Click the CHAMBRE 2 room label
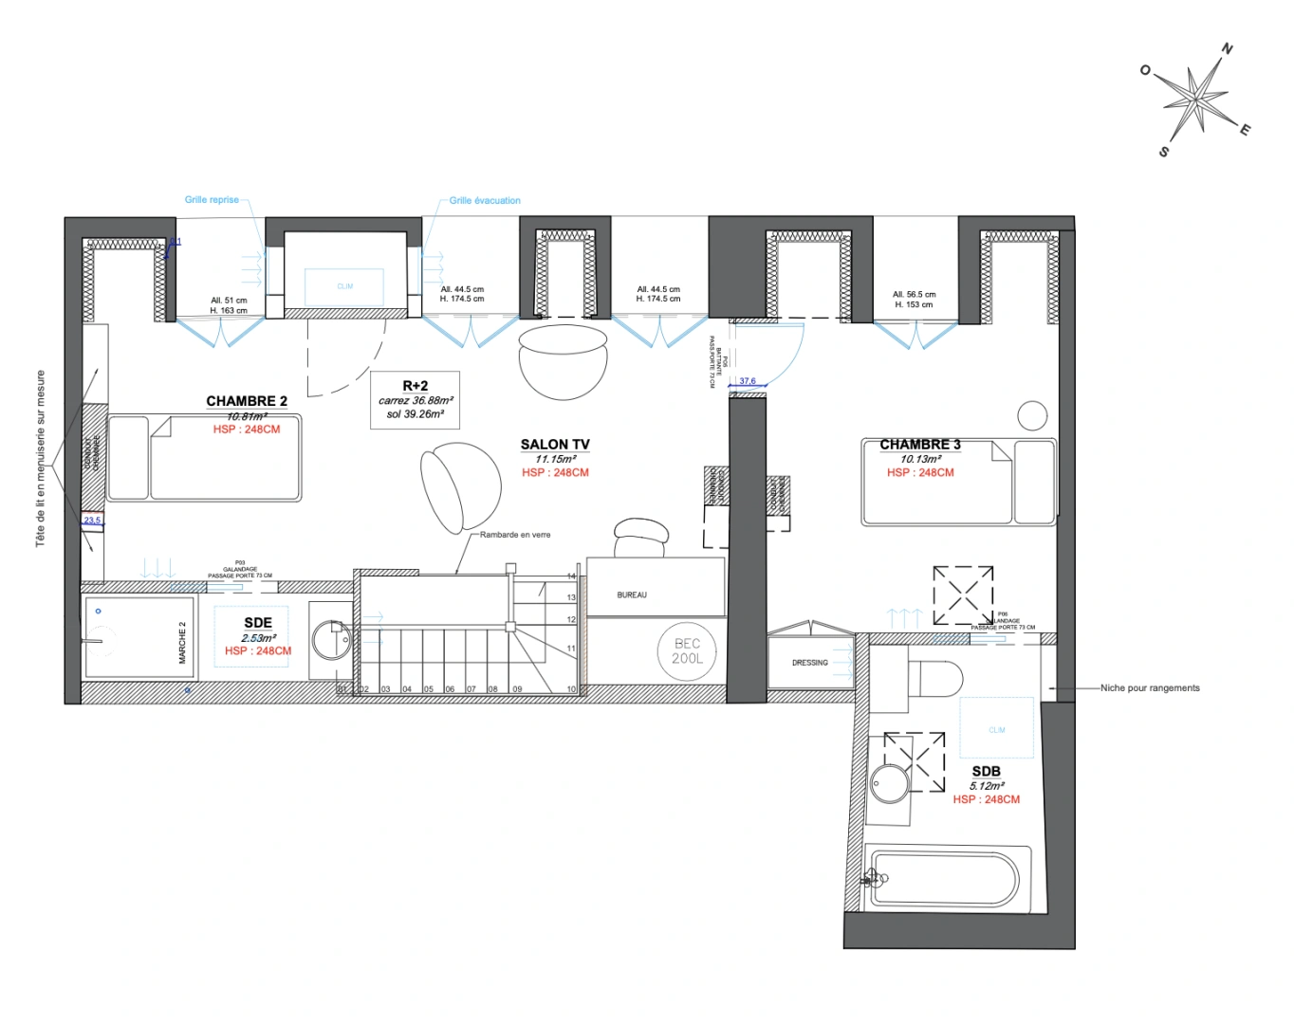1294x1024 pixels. pyautogui.click(x=247, y=401)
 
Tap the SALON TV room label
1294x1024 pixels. pyautogui.click(x=555, y=444)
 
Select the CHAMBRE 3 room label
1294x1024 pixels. pyautogui.click(x=919, y=444)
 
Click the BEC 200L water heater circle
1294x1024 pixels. pyautogui.click(x=687, y=651)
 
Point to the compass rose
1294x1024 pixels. pyautogui.click(x=1195, y=99)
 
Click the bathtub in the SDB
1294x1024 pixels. pyautogui.click(x=946, y=879)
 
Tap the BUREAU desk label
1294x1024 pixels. pyautogui.click(x=632, y=595)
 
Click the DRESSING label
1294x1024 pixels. pyautogui.click(x=809, y=663)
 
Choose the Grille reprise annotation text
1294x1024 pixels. pyautogui.click(x=212, y=200)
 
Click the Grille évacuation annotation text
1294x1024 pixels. pyautogui.click(x=485, y=201)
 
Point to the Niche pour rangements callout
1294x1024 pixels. pyautogui.click(x=1150, y=688)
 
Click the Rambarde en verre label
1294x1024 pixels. pyautogui.click(x=515, y=535)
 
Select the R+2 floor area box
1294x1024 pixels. pyautogui.click(x=415, y=399)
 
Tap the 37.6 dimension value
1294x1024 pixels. pyautogui.click(x=748, y=381)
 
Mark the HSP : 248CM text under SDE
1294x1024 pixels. pyautogui.click(x=258, y=651)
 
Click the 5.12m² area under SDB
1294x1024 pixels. pyautogui.click(x=987, y=786)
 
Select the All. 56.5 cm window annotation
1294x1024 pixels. pyautogui.click(x=914, y=295)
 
